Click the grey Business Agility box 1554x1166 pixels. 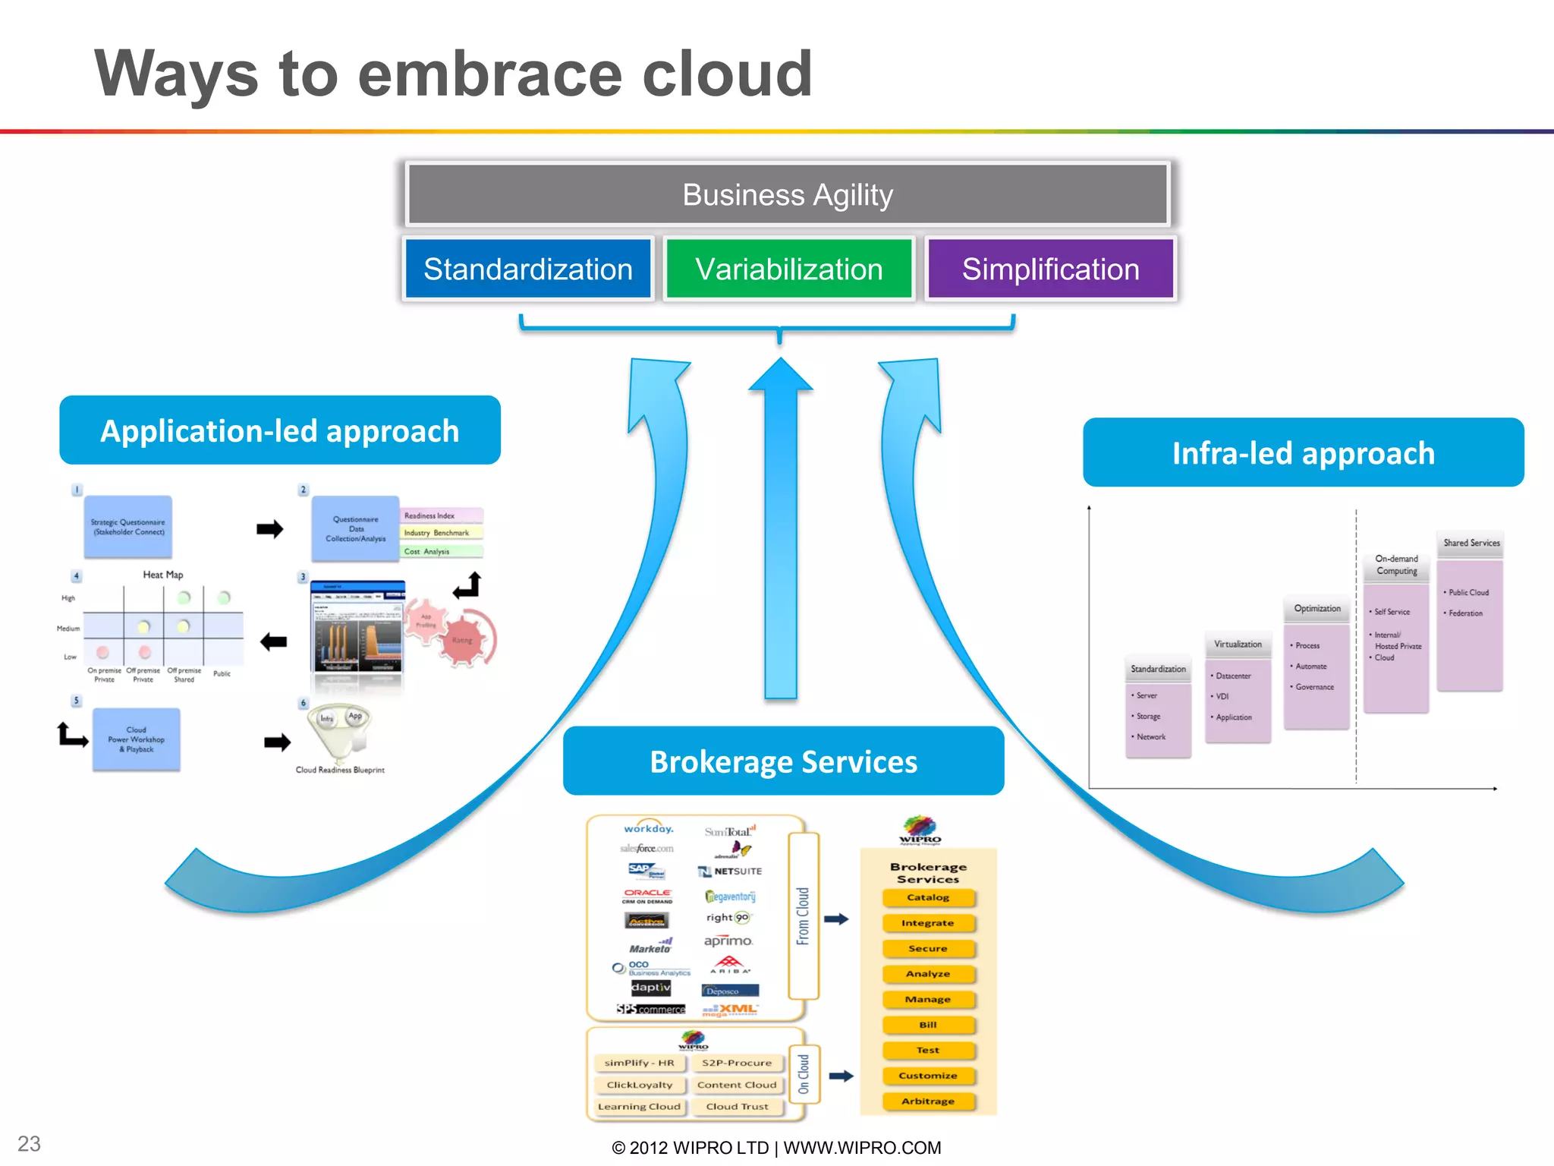coord(788,194)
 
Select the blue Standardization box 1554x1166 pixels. coord(528,269)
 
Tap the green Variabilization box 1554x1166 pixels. coord(789,269)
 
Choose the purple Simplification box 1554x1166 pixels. coord(1050,269)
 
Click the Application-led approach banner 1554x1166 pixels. coord(280,430)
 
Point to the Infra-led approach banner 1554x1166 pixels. coord(1303,453)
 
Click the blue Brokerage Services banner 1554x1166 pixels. coord(783,761)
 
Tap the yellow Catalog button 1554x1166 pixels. coord(928,897)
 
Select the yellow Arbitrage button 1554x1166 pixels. coord(928,1101)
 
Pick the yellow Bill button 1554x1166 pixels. coord(928,1025)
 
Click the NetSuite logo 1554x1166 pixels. coord(730,871)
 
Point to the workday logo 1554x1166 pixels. coord(648,828)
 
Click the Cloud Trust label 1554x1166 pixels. coord(737,1107)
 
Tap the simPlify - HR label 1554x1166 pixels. coord(639,1063)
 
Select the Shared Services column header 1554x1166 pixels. coord(1471,543)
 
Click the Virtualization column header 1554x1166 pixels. coord(1238,644)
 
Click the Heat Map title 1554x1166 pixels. coord(163,575)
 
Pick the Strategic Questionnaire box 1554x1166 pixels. coord(127,527)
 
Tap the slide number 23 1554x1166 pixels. coord(29,1143)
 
